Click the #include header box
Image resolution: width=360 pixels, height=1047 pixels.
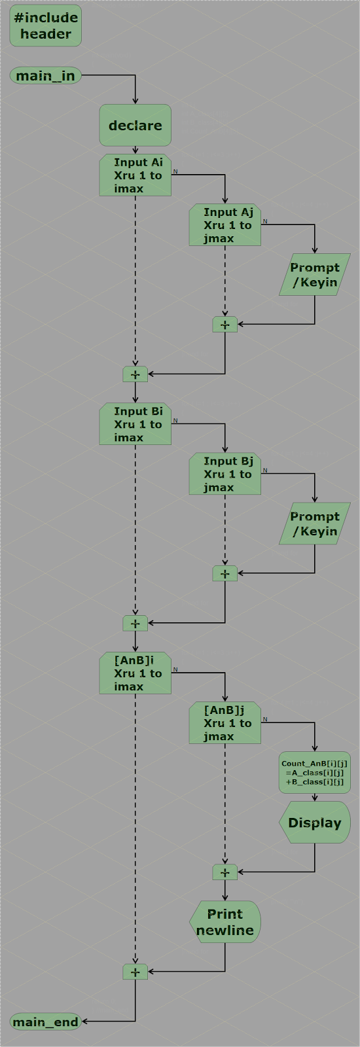point(45,26)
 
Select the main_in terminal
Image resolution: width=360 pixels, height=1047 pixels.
point(45,76)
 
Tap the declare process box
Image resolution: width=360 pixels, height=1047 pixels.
point(135,125)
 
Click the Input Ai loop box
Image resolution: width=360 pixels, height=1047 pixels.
point(135,175)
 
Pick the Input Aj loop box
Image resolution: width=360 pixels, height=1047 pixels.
point(225,225)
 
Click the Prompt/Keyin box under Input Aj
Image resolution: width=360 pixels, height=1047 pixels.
point(315,275)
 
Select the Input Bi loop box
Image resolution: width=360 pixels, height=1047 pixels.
point(135,424)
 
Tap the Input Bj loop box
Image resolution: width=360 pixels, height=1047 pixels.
point(225,474)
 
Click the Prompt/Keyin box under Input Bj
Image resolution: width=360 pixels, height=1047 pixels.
point(315,523)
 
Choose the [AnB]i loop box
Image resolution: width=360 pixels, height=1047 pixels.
point(135,673)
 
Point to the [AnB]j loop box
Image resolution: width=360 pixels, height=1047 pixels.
point(225,723)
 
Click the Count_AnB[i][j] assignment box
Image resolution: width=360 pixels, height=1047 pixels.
point(315,772)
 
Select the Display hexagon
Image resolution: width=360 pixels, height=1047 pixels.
point(315,823)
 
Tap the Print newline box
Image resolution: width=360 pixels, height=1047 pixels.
point(225,922)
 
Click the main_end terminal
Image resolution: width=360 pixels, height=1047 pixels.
point(45,1021)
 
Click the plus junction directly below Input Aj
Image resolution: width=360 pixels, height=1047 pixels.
point(225,325)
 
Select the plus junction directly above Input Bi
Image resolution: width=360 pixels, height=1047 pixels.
point(135,374)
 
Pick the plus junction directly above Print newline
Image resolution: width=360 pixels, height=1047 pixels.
point(225,872)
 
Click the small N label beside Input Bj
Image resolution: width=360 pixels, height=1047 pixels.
point(265,470)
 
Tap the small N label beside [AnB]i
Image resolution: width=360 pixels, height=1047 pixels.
point(175,669)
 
